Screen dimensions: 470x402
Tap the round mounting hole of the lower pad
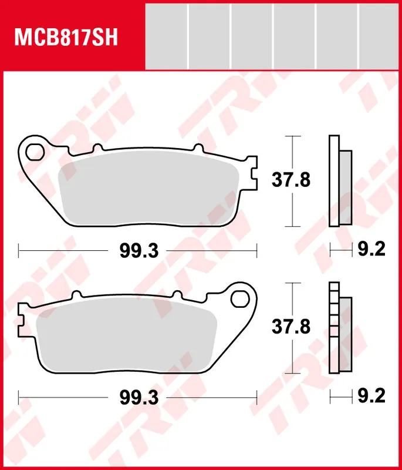pos(239,298)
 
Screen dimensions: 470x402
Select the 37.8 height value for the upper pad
pos(290,180)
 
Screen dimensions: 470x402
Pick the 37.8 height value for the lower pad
pos(290,326)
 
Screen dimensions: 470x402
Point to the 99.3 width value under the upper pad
pos(139,251)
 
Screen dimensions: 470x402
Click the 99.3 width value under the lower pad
pos(139,398)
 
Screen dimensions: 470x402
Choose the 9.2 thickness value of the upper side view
pos(371,251)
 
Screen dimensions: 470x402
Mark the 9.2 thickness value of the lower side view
pos(371,398)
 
